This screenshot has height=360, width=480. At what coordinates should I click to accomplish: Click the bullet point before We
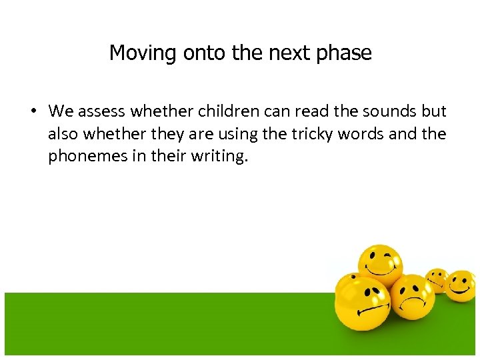click(x=33, y=111)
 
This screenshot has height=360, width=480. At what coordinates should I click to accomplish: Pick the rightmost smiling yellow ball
click(x=461, y=285)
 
